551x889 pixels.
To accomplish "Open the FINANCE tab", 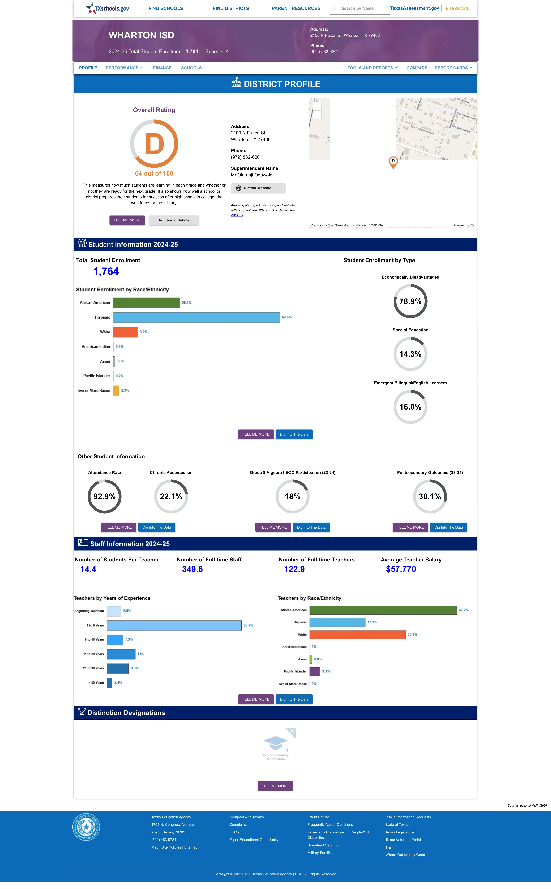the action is [x=162, y=68].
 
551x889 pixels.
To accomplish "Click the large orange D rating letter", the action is [x=155, y=144].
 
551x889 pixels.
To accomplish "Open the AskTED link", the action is [x=237, y=215].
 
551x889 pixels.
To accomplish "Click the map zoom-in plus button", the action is [x=317, y=106].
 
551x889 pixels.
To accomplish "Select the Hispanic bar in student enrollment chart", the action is [x=197, y=317].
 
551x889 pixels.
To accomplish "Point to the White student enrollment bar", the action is [x=125, y=332].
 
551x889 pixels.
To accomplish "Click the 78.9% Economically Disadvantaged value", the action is [x=410, y=301].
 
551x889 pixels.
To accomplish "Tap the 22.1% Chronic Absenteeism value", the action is [x=171, y=497].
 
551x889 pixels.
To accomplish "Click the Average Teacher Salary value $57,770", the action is [x=401, y=569].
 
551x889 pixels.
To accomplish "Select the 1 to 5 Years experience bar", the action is [x=174, y=625].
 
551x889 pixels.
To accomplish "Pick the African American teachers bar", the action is [x=383, y=610].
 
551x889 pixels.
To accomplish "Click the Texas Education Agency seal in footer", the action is [x=86, y=827].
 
